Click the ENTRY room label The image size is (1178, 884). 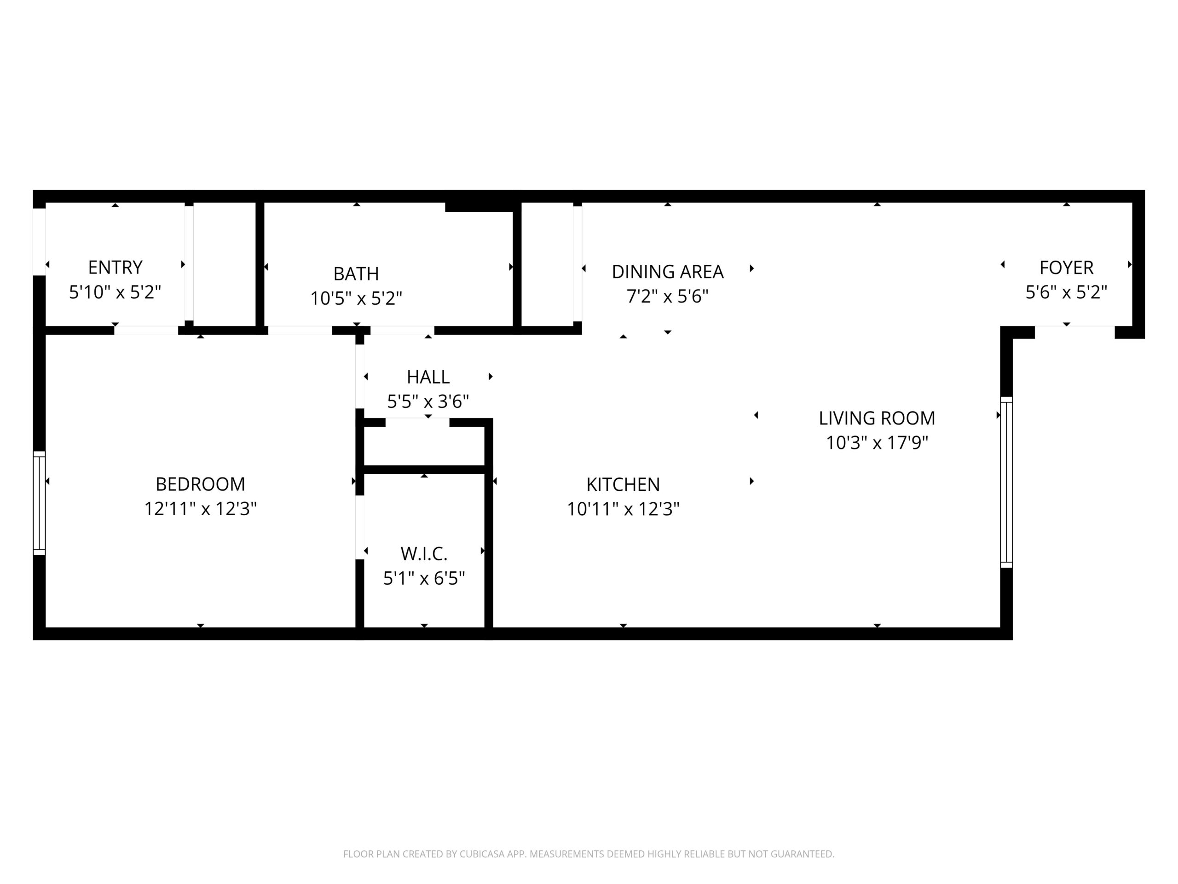pyautogui.click(x=115, y=267)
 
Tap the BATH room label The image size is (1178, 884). pyautogui.click(x=356, y=273)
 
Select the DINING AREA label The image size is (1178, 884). pyautogui.click(x=667, y=272)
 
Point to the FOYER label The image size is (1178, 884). pyautogui.click(x=1066, y=268)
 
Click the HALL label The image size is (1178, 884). pyautogui.click(x=428, y=377)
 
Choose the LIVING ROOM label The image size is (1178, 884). pyautogui.click(x=877, y=418)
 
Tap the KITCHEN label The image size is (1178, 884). pyautogui.click(x=623, y=484)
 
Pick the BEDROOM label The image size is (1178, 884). pyautogui.click(x=200, y=484)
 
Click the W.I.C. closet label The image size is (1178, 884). pyautogui.click(x=424, y=554)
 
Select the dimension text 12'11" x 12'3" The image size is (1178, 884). pyautogui.click(x=200, y=509)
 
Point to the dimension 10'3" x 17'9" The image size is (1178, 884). pyautogui.click(x=877, y=443)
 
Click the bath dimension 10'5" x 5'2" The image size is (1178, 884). pyautogui.click(x=356, y=298)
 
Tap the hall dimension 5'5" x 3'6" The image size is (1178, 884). pyautogui.click(x=428, y=401)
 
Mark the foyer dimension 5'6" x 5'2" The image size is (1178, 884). pyautogui.click(x=1066, y=292)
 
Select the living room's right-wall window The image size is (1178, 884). pyautogui.click(x=1006, y=482)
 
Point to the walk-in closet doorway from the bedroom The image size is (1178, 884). pyautogui.click(x=360, y=528)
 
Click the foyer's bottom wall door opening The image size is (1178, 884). pyautogui.click(x=1074, y=332)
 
